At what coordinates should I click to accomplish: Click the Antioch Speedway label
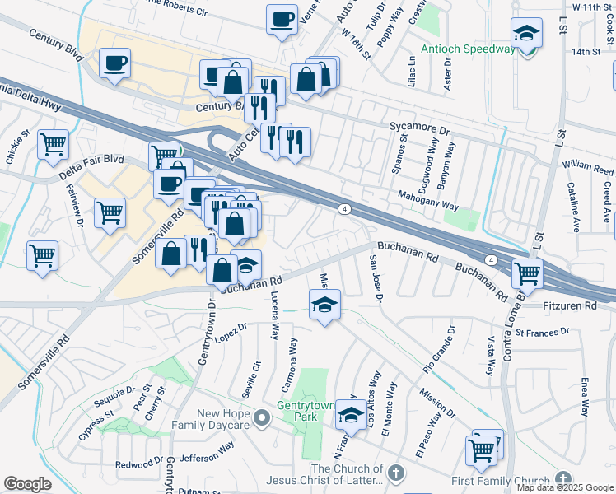pyautogui.click(x=467, y=49)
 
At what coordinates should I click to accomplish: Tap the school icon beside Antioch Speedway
pyautogui.click(x=526, y=35)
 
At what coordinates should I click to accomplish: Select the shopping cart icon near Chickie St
pyautogui.click(x=54, y=144)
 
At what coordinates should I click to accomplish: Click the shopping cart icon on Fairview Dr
pyautogui.click(x=110, y=212)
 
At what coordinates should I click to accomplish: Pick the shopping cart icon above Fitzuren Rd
pyautogui.click(x=527, y=272)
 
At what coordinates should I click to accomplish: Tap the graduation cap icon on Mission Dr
pyautogui.click(x=324, y=305)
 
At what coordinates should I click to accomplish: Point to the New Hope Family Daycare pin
pyautogui.click(x=262, y=418)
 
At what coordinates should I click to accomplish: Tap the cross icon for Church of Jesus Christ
pyautogui.click(x=396, y=473)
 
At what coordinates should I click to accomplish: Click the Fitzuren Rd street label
pyautogui.click(x=573, y=305)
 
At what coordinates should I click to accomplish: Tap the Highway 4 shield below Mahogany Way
pyautogui.click(x=344, y=210)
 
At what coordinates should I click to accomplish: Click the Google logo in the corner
pyautogui.click(x=28, y=484)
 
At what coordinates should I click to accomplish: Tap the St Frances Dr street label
pyautogui.click(x=542, y=332)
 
